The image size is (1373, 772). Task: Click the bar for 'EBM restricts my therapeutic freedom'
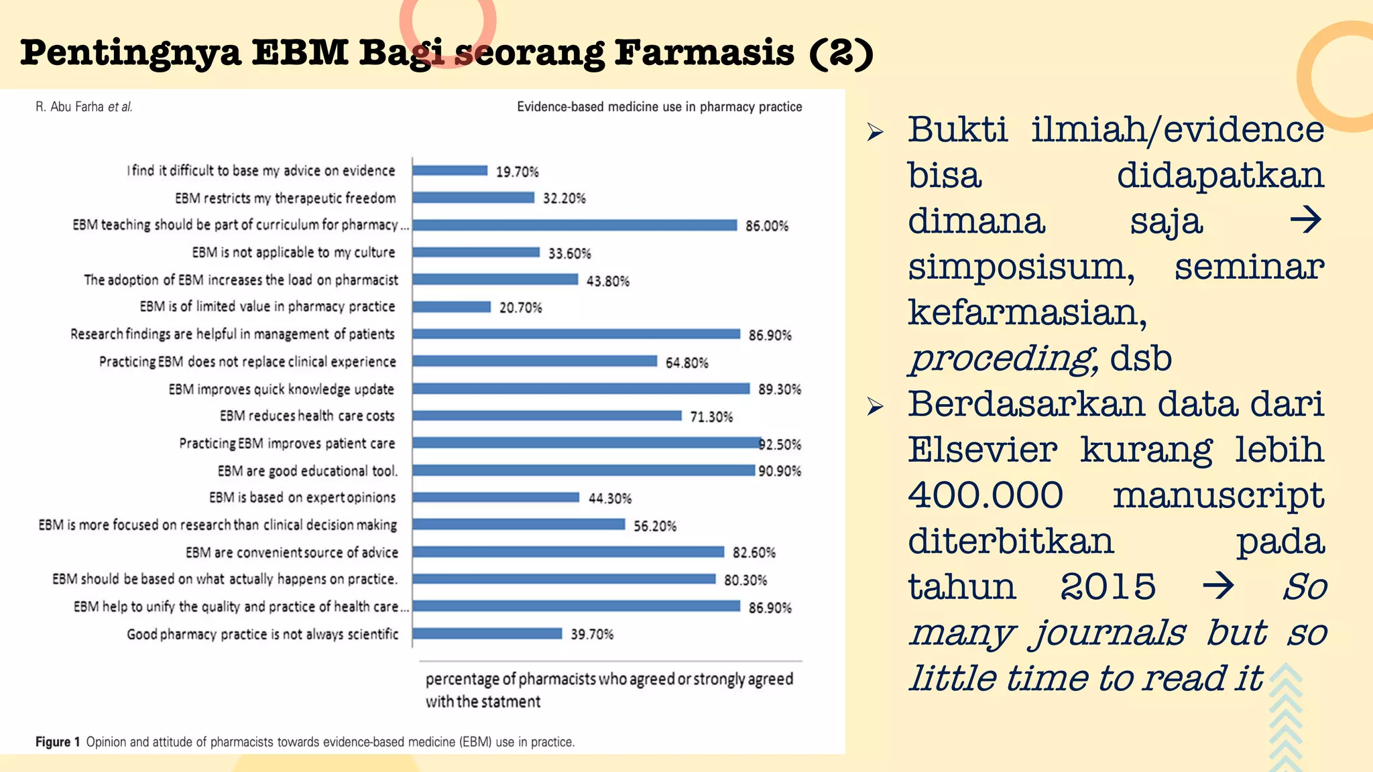(473, 198)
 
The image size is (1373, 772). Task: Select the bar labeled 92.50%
(587, 443)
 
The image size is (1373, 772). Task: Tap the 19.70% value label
(517, 172)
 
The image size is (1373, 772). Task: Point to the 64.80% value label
(686, 363)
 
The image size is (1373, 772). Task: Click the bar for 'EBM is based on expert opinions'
(496, 497)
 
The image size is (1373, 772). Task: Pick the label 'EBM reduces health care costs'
(307, 416)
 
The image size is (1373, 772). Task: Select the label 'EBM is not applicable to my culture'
(294, 253)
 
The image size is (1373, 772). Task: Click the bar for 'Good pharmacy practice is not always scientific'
(487, 634)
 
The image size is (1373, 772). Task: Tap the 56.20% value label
(655, 526)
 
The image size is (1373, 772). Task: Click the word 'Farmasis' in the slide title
(704, 53)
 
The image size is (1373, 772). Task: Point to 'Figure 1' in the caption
(58, 742)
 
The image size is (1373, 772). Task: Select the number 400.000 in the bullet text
(986, 495)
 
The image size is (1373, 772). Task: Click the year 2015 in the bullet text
(1108, 586)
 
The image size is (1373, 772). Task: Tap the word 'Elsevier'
(982, 449)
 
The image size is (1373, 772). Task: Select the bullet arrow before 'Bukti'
(875, 132)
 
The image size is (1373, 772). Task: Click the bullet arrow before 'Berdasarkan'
(875, 406)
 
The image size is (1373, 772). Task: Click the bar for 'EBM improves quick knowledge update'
(581, 389)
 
